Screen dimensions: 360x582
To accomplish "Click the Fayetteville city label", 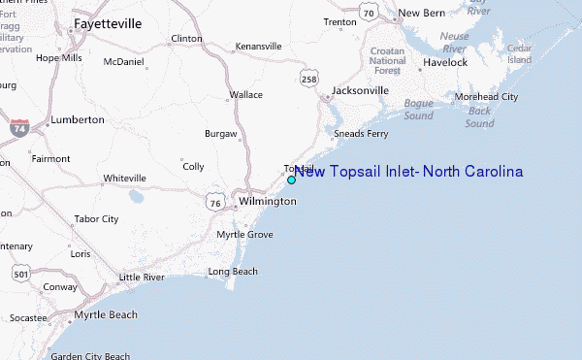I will [x=107, y=22].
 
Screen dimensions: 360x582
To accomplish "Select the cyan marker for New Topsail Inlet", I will [x=291, y=180].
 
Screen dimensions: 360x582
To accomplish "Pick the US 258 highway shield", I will [x=308, y=77].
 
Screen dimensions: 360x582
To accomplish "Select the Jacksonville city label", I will [x=360, y=90].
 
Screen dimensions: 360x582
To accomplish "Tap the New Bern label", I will [x=421, y=13].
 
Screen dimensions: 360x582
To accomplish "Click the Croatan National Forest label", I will [x=388, y=60].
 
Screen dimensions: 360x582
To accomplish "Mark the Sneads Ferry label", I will [x=361, y=134].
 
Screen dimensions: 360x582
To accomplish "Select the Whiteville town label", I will [x=124, y=179].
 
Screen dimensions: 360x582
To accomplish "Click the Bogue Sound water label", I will [x=418, y=109].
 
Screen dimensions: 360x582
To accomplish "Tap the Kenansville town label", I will [x=257, y=46].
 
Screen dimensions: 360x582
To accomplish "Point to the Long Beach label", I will [x=233, y=272].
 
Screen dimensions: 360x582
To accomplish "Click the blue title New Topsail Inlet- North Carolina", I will [x=408, y=172].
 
